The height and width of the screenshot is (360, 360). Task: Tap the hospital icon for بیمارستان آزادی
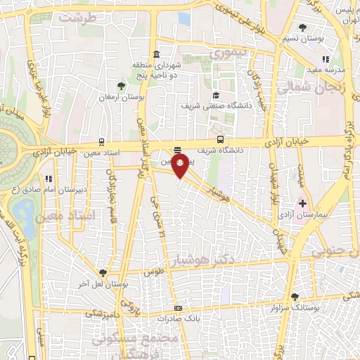tap(303, 204)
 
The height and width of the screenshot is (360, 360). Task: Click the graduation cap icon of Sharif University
tap(217, 96)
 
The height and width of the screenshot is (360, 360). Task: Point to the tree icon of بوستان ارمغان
tap(122, 86)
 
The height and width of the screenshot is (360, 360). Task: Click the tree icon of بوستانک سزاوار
tap(295, 297)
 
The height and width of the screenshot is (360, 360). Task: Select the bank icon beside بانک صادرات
tap(179, 308)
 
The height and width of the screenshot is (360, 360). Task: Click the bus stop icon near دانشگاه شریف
tap(221, 139)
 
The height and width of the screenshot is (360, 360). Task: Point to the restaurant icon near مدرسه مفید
tap(325, 60)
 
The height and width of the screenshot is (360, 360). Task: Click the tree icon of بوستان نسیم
tap(302, 27)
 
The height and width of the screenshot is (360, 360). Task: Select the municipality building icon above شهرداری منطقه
tap(155, 55)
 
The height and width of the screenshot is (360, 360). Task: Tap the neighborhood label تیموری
tap(230, 52)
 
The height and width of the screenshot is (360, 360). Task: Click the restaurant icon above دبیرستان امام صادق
tap(48, 179)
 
